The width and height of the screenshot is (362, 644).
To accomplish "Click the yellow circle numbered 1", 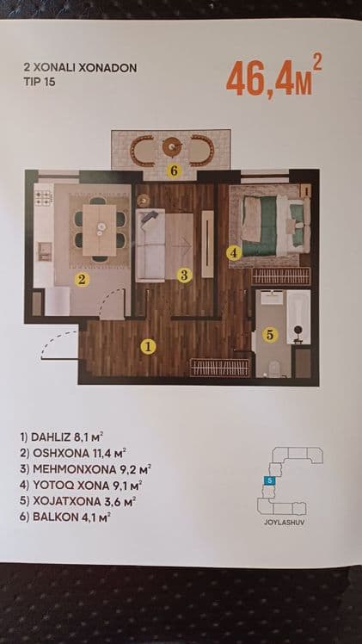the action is coord(148,347).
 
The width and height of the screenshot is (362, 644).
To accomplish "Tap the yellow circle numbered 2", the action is coord(82,280).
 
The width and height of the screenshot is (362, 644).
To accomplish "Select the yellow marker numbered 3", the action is coord(185,276).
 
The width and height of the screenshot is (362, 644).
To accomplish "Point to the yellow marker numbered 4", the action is coord(233,253).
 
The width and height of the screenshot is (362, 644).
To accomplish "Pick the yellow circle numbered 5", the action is coord(270,335).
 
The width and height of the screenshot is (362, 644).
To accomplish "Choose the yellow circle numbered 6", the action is coord(174,170).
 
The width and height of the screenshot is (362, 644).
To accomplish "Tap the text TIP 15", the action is coord(40,81).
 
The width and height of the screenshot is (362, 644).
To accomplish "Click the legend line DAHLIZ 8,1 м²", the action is coord(60,437).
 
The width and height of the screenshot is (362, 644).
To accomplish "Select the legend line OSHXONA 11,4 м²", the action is coord(72,453).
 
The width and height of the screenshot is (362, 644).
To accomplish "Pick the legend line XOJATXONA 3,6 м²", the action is coord(78,501).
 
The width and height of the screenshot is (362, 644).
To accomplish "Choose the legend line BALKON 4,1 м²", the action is coord(65,517).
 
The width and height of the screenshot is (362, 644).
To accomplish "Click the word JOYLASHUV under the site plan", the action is coord(285,524).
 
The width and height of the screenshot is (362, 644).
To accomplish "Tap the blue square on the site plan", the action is coord(267,480).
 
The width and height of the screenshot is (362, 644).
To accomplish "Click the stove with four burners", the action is coord(44,198).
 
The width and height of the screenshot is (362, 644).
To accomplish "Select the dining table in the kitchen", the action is coord(100,230).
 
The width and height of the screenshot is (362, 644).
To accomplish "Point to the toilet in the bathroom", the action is coord(273,368).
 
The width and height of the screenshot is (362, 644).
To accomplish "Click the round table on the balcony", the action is coord(172,146).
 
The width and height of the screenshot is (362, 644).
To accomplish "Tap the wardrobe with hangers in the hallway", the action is coord(220,367).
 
